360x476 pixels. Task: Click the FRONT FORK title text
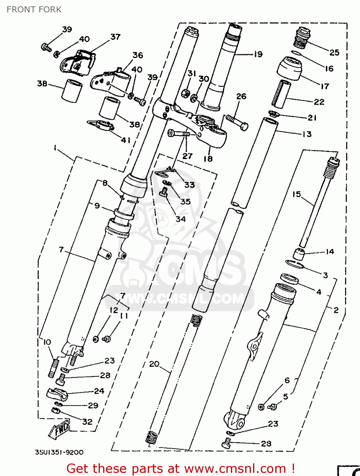[34, 10]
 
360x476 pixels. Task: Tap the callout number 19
[258, 54]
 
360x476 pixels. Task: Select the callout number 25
[334, 53]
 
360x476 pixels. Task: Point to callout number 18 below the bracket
[208, 159]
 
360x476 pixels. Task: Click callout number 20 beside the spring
[154, 364]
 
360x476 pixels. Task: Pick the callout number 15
[296, 194]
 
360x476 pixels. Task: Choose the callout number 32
[87, 422]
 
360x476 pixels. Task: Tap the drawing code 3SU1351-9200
[59, 452]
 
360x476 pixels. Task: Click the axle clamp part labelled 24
[57, 394]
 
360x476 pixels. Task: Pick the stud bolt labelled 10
[54, 367]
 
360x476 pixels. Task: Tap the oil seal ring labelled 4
[289, 279]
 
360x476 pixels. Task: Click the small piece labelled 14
[298, 254]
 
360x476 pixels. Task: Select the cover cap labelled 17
[290, 68]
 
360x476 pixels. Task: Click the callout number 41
[126, 140]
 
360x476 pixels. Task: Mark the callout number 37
[115, 37]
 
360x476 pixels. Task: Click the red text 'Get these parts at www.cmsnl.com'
[181, 468]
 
